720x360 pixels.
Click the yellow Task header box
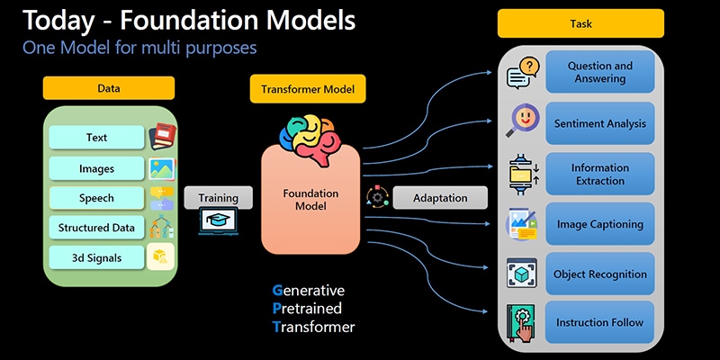click(x=580, y=23)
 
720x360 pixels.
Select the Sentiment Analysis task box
click(x=599, y=123)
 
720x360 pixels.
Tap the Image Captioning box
click(x=599, y=223)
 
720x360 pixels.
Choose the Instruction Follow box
click(x=599, y=322)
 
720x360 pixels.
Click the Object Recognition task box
click(x=599, y=274)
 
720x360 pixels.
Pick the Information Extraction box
click(x=599, y=174)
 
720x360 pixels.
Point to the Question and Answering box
click(x=599, y=72)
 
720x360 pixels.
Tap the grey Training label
click(x=218, y=198)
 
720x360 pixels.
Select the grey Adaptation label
click(x=440, y=198)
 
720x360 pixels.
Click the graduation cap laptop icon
click(x=218, y=220)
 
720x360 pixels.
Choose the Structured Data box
click(x=96, y=228)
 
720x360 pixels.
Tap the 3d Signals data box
click(x=96, y=257)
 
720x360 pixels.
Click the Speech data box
click(x=96, y=198)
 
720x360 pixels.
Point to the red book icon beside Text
click(x=162, y=137)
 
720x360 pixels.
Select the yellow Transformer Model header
click(x=308, y=88)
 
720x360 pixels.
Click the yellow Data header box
click(x=109, y=88)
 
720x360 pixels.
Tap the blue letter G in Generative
click(x=277, y=291)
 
